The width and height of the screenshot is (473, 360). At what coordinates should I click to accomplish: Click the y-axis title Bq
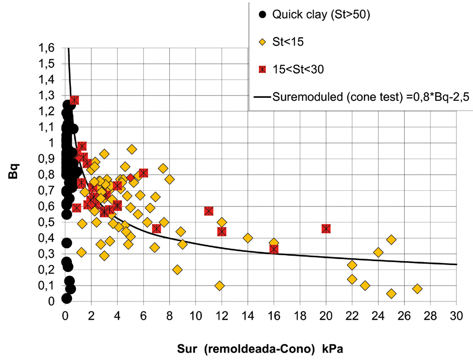pyautogui.click(x=14, y=171)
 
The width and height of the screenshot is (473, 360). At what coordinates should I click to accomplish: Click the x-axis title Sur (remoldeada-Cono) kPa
pyautogui.click(x=260, y=349)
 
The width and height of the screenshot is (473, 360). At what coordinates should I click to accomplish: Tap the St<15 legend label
pyautogui.click(x=288, y=42)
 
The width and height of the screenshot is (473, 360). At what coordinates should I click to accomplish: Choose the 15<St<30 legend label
pyautogui.click(x=298, y=70)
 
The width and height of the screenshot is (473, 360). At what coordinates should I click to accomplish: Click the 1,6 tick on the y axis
pyautogui.click(x=46, y=48)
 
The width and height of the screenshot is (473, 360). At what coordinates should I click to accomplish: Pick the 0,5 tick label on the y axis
pyautogui.click(x=46, y=222)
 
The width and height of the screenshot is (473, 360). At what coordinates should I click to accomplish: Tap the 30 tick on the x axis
pyautogui.click(x=456, y=316)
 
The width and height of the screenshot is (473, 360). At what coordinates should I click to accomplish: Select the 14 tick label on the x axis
pyautogui.click(x=248, y=316)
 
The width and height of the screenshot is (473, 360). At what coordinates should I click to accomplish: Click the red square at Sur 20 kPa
pyautogui.click(x=326, y=229)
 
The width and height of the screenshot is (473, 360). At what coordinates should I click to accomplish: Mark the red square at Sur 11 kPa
pyautogui.click(x=209, y=211)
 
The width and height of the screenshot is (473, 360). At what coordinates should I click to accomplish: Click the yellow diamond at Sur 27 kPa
pyautogui.click(x=417, y=289)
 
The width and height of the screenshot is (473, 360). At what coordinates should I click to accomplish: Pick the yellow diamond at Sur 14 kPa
pyautogui.click(x=248, y=238)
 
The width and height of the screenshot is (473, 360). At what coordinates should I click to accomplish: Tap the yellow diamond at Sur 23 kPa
pyautogui.click(x=365, y=286)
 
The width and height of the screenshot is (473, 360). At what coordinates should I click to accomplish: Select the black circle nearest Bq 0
pyautogui.click(x=66, y=299)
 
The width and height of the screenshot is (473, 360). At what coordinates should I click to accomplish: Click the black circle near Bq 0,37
pyautogui.click(x=66, y=243)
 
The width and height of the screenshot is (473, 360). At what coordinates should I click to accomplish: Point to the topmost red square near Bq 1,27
pyautogui.click(x=74, y=100)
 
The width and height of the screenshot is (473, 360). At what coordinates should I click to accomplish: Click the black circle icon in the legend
pyautogui.click(x=263, y=14)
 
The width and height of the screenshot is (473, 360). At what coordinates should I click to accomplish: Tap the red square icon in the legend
pyautogui.click(x=263, y=70)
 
